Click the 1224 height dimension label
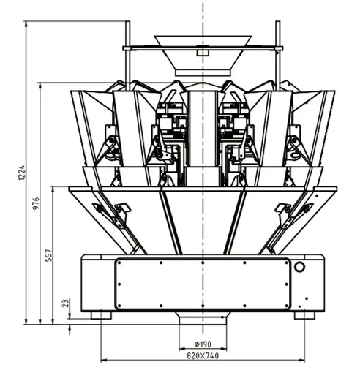coord(22,173)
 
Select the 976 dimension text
coord(36,203)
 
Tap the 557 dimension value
coord(49,255)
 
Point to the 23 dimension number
coord(66,303)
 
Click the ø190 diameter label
coord(203,344)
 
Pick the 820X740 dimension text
coord(203,355)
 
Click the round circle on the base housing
coord(299,267)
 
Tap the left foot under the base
coord(101,315)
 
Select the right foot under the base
coord(304,315)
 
